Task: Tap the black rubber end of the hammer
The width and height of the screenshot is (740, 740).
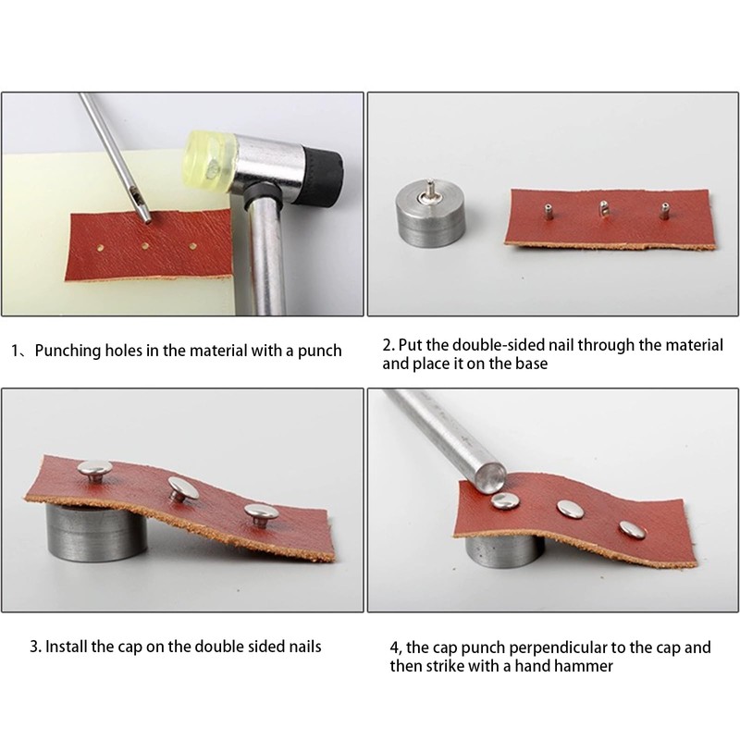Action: [x=323, y=176]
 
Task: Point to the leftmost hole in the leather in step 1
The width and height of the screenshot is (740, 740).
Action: [x=100, y=247]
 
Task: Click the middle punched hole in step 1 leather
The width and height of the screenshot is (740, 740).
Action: [x=145, y=246]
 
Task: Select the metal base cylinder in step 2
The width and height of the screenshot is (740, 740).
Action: [x=428, y=215]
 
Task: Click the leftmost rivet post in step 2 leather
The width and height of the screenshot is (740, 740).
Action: [x=548, y=212]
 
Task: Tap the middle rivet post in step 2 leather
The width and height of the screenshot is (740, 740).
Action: [x=604, y=209]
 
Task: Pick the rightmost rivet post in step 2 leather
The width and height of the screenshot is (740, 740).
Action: [x=664, y=211]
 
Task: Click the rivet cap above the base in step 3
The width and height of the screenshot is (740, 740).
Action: [x=95, y=470]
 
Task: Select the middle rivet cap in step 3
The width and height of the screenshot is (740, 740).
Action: [x=183, y=488]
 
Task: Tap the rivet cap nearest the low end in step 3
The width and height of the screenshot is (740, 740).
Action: [x=262, y=514]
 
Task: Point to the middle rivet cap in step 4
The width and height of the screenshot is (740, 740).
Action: [x=570, y=508]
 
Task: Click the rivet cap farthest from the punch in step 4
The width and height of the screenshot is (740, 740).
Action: [x=633, y=529]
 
